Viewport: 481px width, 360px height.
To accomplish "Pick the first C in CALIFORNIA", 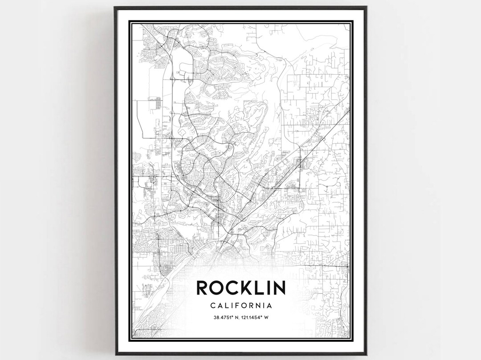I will tap(211, 306).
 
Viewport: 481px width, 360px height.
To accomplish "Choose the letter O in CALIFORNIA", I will tap(243, 306).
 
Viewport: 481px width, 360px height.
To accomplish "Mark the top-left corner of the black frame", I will tap(114, 7).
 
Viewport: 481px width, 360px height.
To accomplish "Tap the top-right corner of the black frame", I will tap(367, 7).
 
